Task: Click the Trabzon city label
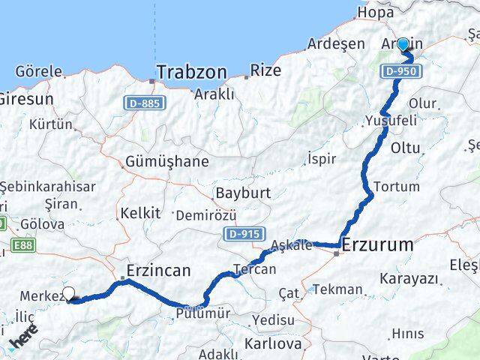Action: point(190,73)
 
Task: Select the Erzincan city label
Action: point(159,271)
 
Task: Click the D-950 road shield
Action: point(399,72)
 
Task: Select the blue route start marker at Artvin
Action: point(403,44)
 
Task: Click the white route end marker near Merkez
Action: point(69,294)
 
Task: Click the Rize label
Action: point(267,71)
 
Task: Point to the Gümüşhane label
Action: point(156,162)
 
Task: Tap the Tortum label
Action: point(391,186)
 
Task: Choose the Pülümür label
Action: point(204,314)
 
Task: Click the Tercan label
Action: point(255,269)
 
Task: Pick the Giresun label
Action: point(25,98)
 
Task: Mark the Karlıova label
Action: point(273,344)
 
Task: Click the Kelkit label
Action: point(140,213)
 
